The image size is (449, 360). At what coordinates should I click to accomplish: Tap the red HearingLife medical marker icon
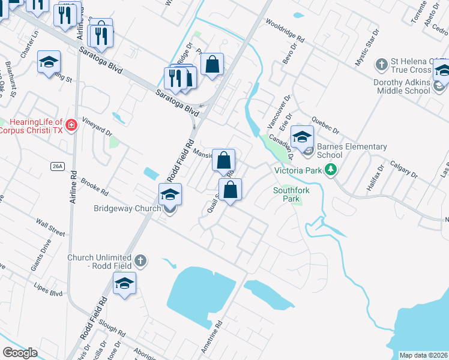click(71, 125)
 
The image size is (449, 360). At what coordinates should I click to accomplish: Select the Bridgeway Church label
click(127, 209)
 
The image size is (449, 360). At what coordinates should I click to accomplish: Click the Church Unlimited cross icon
click(140, 260)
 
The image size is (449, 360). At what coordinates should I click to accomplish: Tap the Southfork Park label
click(288, 194)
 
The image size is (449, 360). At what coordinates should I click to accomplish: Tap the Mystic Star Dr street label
click(367, 46)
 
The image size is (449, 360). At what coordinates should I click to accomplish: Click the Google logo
click(20, 353)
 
